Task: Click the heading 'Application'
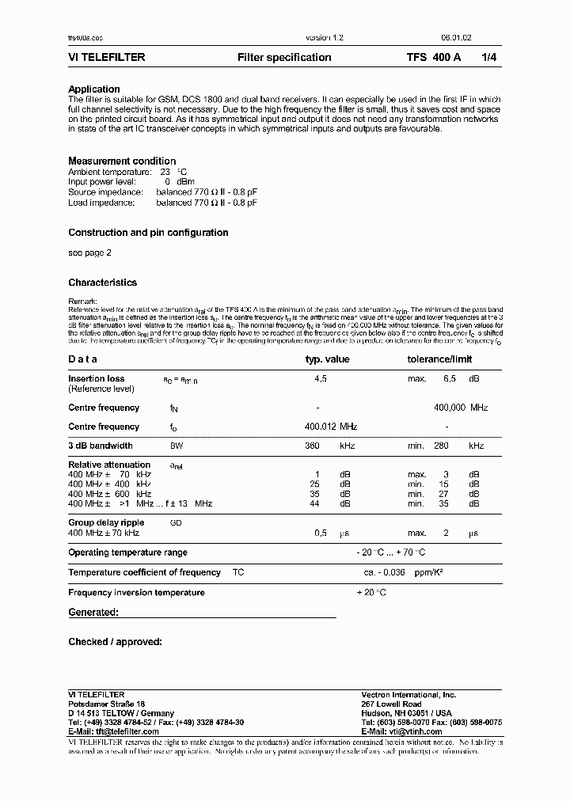[x=94, y=89]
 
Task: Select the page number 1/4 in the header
[x=491, y=58]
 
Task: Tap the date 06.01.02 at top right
[x=458, y=38]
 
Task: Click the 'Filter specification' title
[x=284, y=58]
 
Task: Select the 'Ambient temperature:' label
[x=109, y=172]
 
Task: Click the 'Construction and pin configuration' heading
[x=148, y=233]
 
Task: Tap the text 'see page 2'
[x=89, y=253]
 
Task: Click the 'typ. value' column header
[x=327, y=359]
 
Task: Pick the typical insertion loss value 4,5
[x=321, y=379]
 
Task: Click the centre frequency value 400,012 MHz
[x=331, y=427]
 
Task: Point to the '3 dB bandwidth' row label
[x=101, y=446]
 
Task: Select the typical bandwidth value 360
[x=312, y=446]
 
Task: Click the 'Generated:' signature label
[x=93, y=612]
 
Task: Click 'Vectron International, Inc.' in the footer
[x=408, y=694]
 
